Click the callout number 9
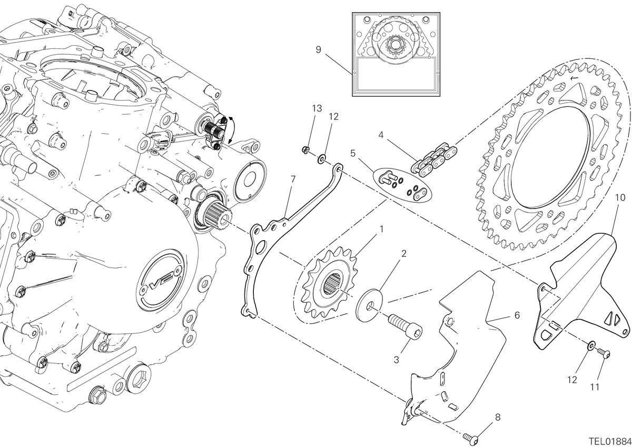[318, 50]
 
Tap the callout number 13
[317, 108]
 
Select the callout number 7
[293, 179]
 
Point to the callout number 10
[620, 197]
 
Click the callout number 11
[595, 387]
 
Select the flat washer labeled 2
[369, 305]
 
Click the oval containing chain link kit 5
[402, 185]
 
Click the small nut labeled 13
[305, 150]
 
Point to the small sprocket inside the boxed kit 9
[393, 46]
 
